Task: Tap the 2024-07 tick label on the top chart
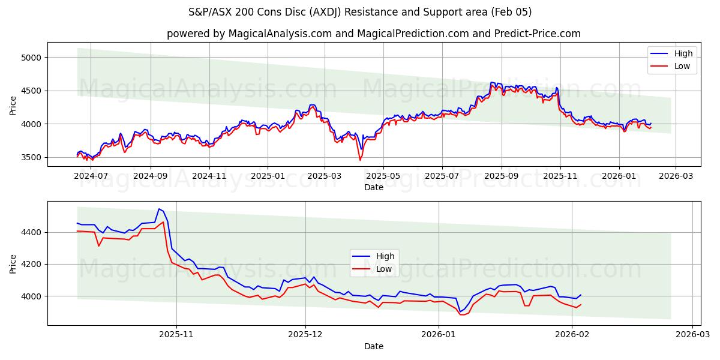pos(91,176)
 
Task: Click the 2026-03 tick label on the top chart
pos(676,176)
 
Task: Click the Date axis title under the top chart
pos(373,187)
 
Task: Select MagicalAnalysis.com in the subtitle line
pos(280,34)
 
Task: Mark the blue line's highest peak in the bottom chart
pos(159,209)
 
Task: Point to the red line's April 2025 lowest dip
pos(360,160)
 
